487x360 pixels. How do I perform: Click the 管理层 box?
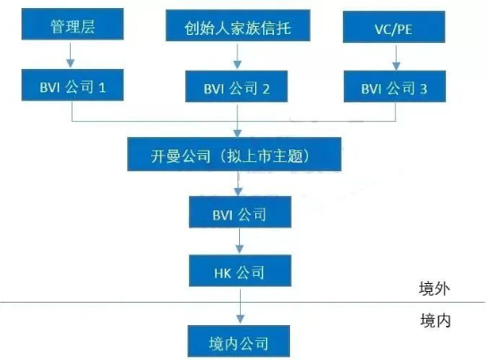[73, 24]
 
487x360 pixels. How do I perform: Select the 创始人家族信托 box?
[237, 25]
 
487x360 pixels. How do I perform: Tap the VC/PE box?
[394, 27]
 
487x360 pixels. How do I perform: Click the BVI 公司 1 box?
[73, 85]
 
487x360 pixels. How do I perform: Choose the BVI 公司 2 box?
[236, 86]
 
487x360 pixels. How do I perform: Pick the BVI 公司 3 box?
[395, 86]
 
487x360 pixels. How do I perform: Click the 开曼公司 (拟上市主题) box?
[235, 154]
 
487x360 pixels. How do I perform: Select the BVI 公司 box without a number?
[240, 212]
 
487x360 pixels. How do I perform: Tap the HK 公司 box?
[240, 270]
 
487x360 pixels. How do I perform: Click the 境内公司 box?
[238, 341]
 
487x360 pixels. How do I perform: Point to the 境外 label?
[434, 288]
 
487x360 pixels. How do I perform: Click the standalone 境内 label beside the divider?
[435, 321]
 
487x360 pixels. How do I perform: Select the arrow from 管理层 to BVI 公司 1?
[71, 55]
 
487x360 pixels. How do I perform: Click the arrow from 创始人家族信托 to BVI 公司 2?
[237, 56]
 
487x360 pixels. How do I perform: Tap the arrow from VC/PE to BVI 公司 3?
[396, 58]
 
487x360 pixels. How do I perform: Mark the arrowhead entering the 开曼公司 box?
[237, 133]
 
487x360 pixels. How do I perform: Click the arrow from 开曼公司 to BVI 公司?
[238, 184]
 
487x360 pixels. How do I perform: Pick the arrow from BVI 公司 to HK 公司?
[239, 242]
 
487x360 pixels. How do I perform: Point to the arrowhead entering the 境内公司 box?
[240, 320]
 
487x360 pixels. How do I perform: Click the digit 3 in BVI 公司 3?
[423, 90]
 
